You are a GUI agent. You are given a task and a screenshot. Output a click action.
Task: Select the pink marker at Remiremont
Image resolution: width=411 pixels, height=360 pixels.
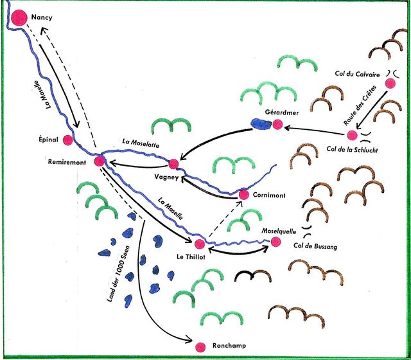100,161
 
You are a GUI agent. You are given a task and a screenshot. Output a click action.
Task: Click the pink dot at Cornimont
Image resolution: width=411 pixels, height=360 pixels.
243,194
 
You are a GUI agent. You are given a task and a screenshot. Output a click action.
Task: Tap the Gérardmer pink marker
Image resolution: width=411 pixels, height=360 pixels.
277,125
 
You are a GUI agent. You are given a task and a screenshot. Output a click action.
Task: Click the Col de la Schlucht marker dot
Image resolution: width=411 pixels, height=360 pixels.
352,135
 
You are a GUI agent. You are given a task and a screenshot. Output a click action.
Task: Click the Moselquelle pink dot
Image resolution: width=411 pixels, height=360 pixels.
276,242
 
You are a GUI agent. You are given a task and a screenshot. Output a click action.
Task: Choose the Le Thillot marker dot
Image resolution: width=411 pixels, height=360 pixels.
200,244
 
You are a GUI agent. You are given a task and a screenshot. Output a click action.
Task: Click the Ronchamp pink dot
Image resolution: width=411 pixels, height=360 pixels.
200,346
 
